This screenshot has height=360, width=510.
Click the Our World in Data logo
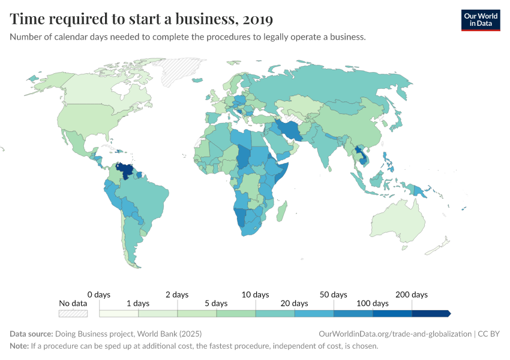480,20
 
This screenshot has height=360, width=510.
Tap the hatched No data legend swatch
73,313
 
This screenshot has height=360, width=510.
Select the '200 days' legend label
411,295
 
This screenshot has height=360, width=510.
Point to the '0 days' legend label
99,295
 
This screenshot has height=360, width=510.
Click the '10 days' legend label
255,295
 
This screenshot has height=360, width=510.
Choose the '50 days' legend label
334,295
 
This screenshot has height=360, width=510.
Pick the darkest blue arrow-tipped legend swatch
431,313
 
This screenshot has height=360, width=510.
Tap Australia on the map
399,222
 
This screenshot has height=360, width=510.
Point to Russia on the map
336,90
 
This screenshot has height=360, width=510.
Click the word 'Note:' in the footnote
20,346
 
